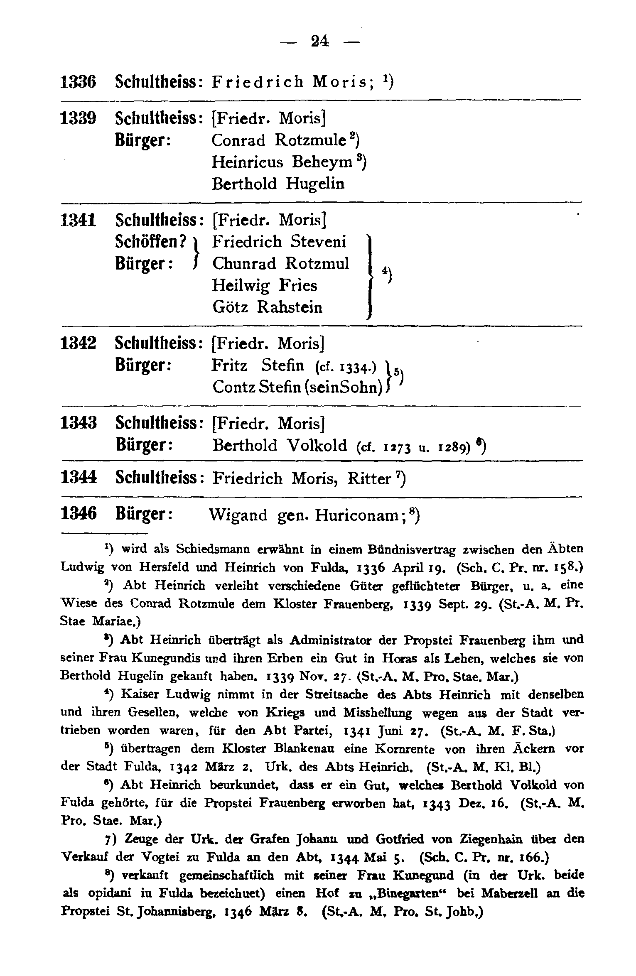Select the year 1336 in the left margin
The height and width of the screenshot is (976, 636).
(79, 82)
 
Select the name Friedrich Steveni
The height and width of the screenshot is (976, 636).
(279, 241)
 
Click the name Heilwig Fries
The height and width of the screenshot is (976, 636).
(265, 285)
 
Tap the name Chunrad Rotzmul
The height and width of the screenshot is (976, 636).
(281, 263)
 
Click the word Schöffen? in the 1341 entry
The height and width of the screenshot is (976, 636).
(150, 241)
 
